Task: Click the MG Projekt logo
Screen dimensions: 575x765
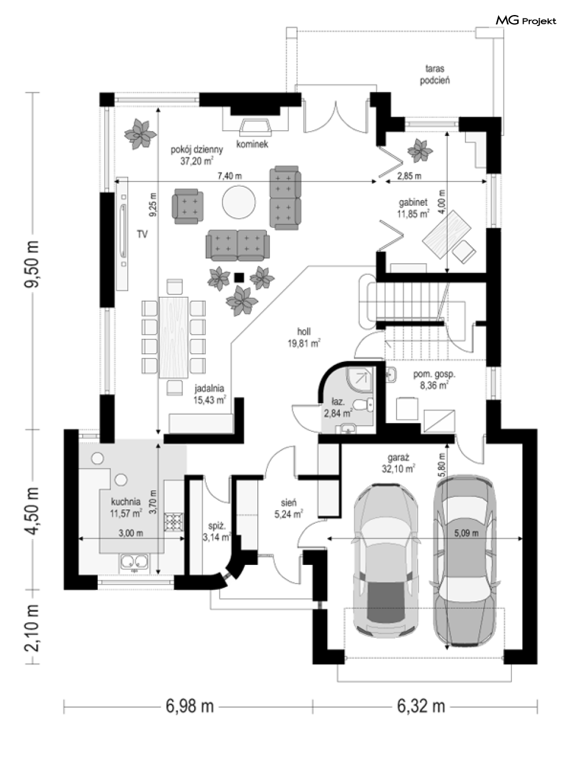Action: tap(526, 21)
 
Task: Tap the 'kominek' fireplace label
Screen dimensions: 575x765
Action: tap(252, 144)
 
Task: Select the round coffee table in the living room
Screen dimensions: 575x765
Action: tap(239, 202)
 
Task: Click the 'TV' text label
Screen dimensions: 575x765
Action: tap(142, 234)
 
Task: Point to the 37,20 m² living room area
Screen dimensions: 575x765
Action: tap(197, 161)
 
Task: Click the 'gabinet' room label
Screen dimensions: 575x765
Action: tap(413, 202)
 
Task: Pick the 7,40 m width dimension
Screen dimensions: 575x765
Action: tap(229, 176)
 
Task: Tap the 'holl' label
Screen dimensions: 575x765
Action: tap(304, 331)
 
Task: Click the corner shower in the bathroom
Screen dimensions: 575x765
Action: tap(359, 379)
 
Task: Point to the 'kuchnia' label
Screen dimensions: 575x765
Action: tap(126, 502)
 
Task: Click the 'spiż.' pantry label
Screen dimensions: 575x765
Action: tap(217, 526)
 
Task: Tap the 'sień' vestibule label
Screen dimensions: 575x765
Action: tap(289, 502)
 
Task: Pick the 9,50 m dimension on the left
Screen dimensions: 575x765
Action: tap(32, 264)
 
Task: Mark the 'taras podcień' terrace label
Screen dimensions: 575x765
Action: tap(435, 74)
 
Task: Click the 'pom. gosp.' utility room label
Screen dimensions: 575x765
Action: tap(435, 375)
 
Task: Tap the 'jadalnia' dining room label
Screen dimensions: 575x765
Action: tap(209, 388)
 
